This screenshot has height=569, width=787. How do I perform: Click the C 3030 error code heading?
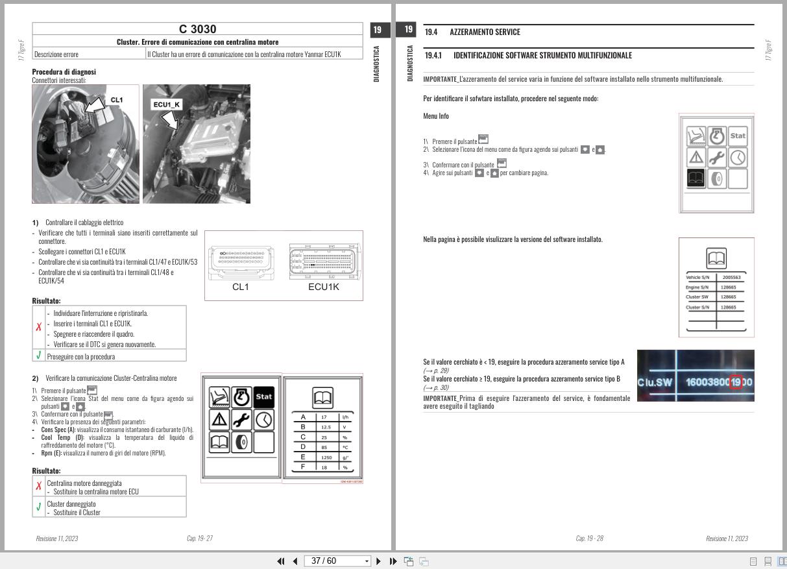[197, 29]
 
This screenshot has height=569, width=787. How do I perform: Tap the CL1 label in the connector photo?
[116, 100]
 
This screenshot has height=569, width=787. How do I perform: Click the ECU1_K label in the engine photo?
[166, 104]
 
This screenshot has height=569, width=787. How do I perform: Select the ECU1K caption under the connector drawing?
[323, 287]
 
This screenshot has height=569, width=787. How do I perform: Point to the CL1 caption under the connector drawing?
[240, 287]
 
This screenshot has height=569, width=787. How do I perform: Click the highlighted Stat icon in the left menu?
[264, 396]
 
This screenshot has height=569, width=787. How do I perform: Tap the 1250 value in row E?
[326, 457]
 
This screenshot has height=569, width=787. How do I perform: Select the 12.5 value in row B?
[326, 427]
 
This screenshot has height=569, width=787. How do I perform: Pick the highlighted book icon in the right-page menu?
[696, 178]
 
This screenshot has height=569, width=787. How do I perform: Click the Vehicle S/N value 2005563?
[731, 277]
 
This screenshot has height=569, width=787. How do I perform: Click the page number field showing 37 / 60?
[333, 561]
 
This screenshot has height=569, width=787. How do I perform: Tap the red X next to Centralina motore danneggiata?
[39, 486]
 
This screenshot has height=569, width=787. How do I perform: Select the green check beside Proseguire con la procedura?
[39, 356]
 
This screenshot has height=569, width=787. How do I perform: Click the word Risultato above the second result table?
[46, 470]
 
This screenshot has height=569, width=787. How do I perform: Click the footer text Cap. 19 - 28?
[589, 538]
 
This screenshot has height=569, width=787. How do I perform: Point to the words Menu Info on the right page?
[435, 116]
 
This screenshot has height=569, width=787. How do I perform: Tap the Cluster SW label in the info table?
[697, 297]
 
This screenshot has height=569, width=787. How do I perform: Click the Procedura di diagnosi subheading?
[64, 72]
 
